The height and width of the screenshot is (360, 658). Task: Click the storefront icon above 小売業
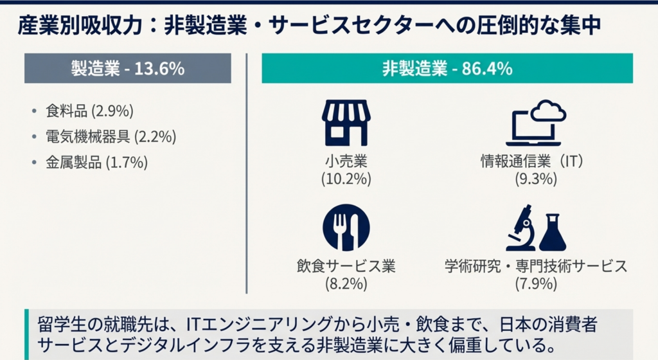346,122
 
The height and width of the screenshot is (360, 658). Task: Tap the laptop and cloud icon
536,122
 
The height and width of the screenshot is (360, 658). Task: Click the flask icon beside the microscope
553,233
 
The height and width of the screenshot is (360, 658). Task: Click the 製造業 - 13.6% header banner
127,69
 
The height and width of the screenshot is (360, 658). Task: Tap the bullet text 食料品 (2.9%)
89,111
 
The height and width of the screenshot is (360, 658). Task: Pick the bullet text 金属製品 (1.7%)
96,162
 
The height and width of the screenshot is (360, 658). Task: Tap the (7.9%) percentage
535,283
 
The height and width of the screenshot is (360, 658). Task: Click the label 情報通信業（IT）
535,161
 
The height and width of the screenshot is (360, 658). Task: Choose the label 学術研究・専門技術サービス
535,265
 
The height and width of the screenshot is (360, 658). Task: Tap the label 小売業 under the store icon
346,161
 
